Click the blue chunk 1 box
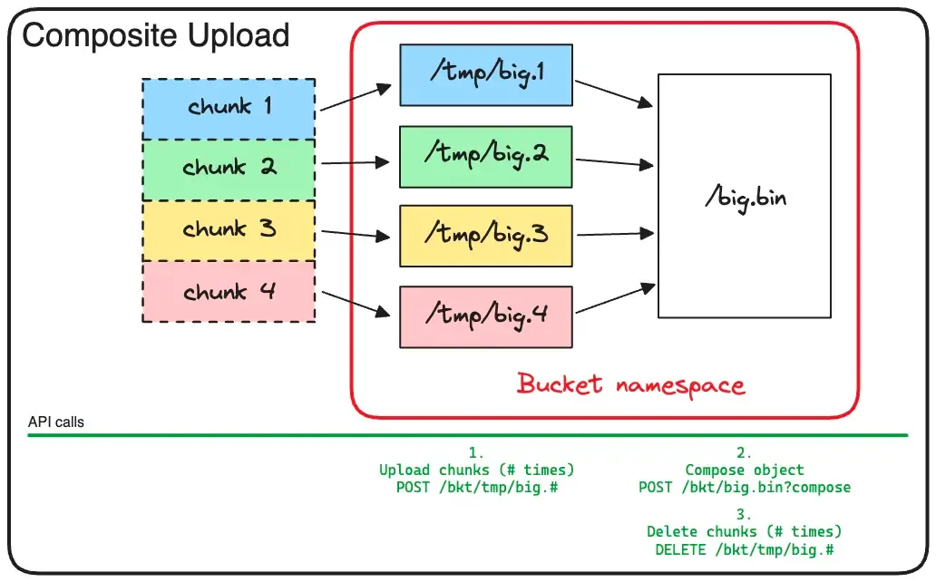point(229,108)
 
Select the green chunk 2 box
point(229,169)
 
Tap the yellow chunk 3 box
point(229,229)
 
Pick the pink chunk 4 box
point(229,292)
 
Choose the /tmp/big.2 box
point(485,156)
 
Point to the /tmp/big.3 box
point(485,236)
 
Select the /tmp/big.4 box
point(485,316)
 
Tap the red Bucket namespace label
point(630,384)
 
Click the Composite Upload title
point(155,36)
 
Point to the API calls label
point(56,422)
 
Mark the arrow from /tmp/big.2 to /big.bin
point(614,163)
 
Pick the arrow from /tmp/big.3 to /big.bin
point(614,235)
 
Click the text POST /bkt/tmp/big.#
point(477,488)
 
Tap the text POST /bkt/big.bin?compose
point(744,488)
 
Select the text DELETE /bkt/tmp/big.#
point(744,549)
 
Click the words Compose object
point(744,470)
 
